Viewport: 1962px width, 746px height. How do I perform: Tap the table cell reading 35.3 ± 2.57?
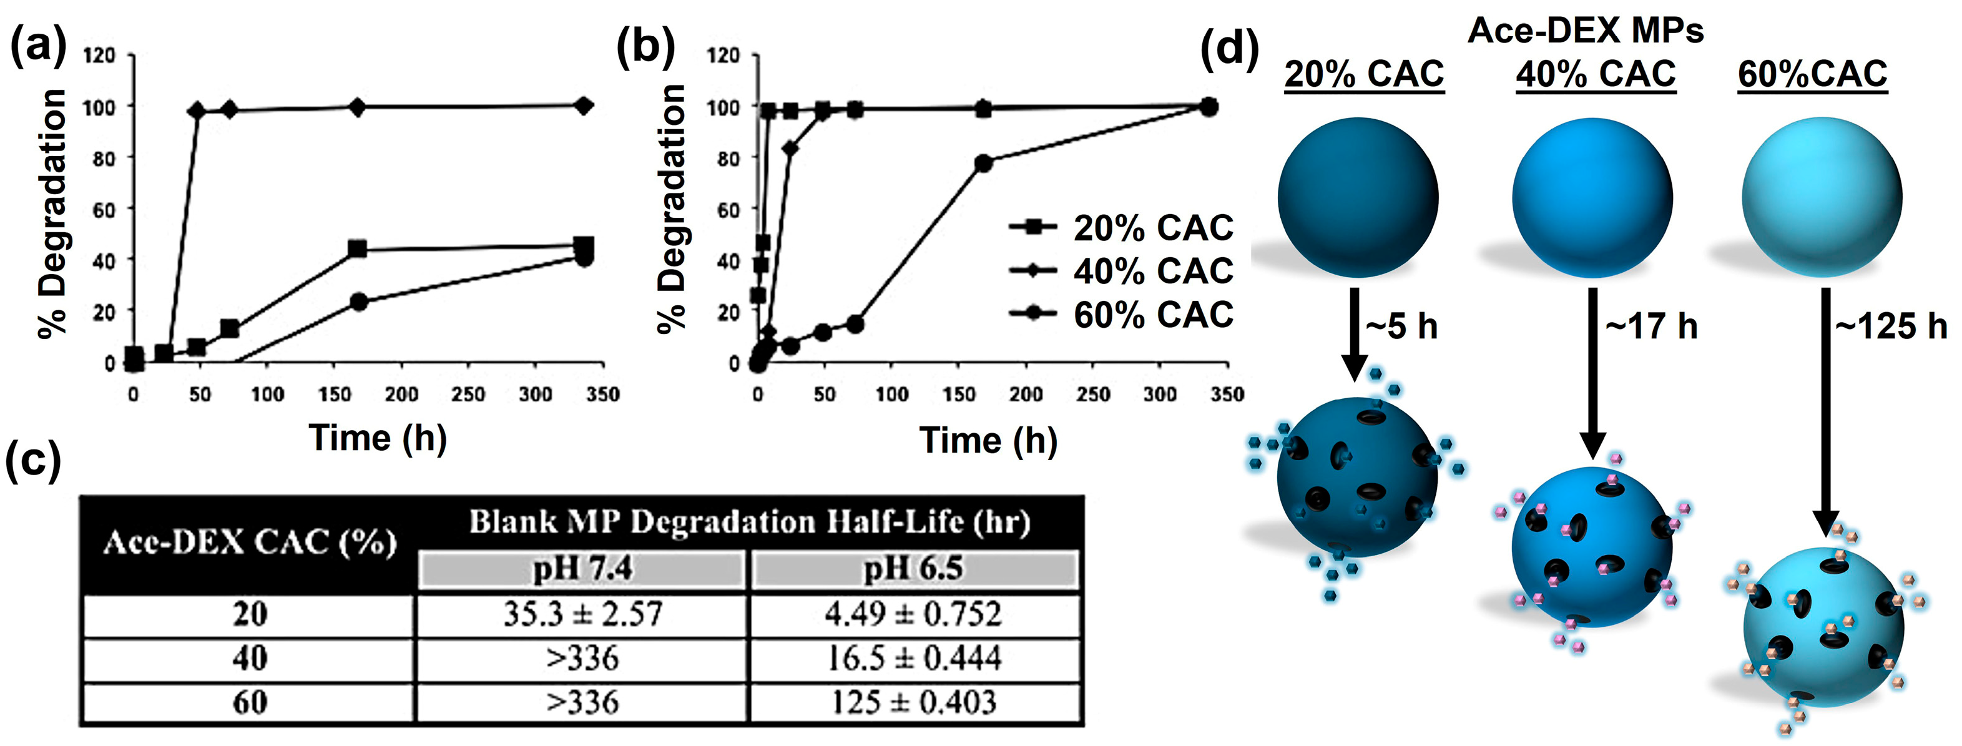click(x=582, y=614)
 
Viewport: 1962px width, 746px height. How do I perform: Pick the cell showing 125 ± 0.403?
click(x=913, y=702)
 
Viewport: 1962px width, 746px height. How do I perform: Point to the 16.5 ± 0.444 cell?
click(x=913, y=657)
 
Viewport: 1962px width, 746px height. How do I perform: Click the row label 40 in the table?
click(x=249, y=657)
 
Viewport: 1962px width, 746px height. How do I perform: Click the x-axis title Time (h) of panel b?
click(x=988, y=441)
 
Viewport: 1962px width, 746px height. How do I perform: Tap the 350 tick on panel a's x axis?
click(x=602, y=394)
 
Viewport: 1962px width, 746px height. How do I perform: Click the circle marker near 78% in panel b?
click(x=983, y=163)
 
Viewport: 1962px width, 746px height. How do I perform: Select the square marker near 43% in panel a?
click(x=356, y=249)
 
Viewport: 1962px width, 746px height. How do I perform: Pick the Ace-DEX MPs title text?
click(x=1585, y=31)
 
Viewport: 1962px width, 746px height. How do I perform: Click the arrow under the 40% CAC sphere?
click(x=1592, y=373)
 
